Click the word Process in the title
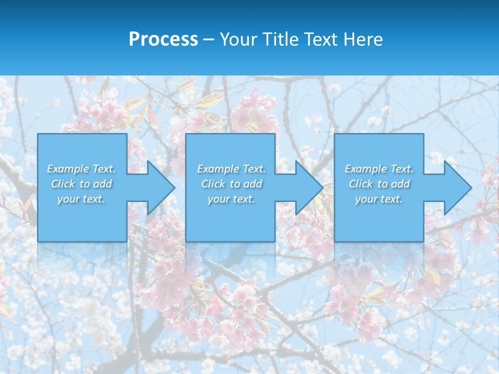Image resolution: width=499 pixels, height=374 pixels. (163, 39)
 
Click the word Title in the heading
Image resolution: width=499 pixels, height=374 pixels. (279, 39)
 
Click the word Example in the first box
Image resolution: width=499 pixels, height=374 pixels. (68, 169)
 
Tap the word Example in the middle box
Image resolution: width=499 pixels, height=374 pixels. (218, 169)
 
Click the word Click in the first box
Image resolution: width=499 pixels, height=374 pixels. (63, 184)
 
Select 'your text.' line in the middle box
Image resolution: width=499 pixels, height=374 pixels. (231, 199)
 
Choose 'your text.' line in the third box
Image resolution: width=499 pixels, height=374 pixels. (379, 199)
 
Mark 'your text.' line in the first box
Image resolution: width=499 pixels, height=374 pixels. (81, 199)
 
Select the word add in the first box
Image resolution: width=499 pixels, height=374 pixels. (103, 184)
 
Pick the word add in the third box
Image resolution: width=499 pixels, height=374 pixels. (401, 184)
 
